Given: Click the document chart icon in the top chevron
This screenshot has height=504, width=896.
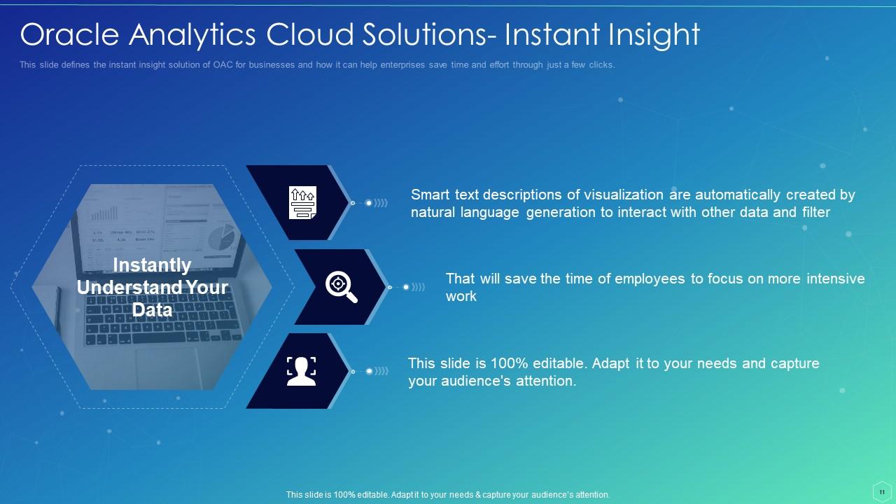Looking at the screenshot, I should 302,202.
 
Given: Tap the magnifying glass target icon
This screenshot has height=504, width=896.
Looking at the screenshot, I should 341,286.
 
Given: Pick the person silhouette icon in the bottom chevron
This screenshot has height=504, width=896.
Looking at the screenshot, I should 302,371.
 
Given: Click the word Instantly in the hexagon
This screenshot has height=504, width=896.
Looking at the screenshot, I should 152,265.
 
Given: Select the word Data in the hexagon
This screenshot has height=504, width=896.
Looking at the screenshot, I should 152,309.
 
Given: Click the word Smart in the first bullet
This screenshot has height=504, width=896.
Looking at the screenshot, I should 430,195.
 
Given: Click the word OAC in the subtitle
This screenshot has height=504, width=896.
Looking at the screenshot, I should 224,65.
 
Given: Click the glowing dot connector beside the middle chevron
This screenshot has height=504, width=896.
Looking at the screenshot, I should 406,287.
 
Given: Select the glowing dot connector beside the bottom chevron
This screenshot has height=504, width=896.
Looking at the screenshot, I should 369,371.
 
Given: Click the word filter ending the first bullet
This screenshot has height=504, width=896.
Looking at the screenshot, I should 815,212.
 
